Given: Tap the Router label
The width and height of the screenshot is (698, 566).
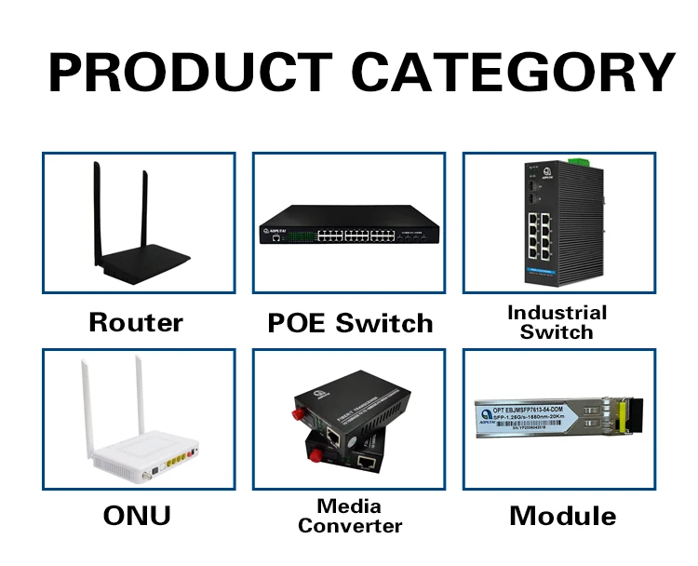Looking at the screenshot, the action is coord(136,322).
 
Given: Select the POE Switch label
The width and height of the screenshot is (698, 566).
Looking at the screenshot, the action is coord(350,323).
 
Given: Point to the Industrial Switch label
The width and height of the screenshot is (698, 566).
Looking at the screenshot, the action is coord(557,322).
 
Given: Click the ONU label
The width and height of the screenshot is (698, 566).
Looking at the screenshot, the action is coord(136,515).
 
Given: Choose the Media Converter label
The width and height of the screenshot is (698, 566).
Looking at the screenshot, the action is coord(350,516).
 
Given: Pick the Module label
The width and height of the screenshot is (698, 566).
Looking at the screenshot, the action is coord(562,516).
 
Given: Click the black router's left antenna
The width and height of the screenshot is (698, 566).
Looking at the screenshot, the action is coord(96,214).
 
